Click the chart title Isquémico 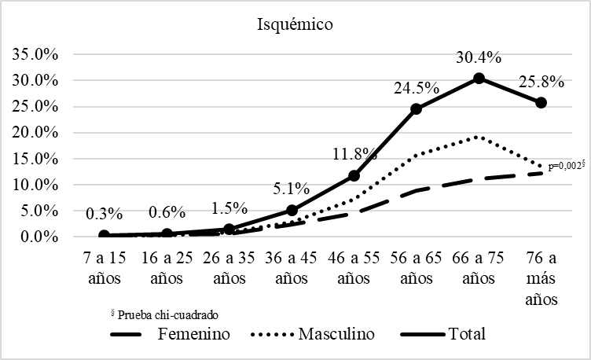(x=295, y=24)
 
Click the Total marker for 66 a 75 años (x=479, y=79)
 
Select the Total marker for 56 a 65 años (x=417, y=108)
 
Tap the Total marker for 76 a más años (x=541, y=102)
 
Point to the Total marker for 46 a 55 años (x=354, y=175)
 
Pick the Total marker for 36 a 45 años (x=292, y=210)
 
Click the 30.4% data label (x=479, y=58)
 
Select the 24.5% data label (x=414, y=87)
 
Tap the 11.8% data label (x=354, y=155)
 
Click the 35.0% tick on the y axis (x=32, y=54)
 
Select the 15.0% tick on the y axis (x=32, y=158)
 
